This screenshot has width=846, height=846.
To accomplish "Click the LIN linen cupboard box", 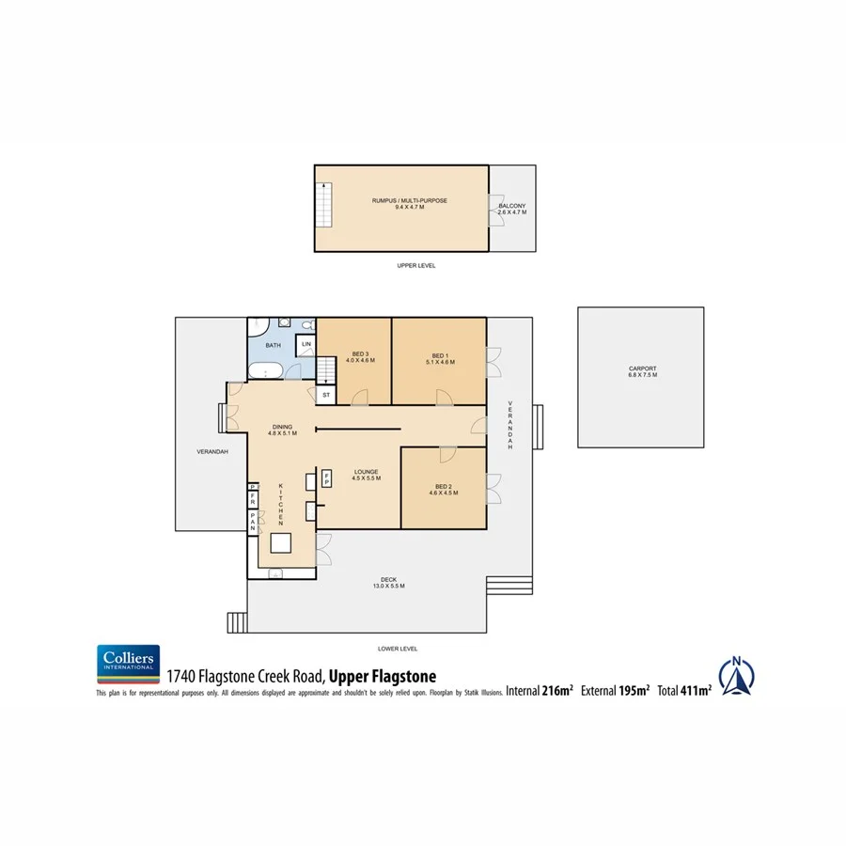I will pyautogui.click(x=306, y=346).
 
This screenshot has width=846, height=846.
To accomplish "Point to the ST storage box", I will pyautogui.click(x=325, y=395).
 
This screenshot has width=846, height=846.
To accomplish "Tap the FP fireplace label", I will pyautogui.click(x=327, y=477).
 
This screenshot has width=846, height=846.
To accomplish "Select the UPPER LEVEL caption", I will pyautogui.click(x=416, y=266).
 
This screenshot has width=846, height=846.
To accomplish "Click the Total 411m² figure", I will pyautogui.click(x=684, y=691).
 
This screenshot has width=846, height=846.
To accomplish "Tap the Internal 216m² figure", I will pyautogui.click(x=540, y=691).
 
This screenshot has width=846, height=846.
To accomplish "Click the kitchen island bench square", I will pyautogui.click(x=281, y=543).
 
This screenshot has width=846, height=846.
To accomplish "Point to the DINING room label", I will pyautogui.click(x=283, y=430).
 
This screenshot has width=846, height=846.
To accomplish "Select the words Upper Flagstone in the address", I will pyautogui.click(x=383, y=675).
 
